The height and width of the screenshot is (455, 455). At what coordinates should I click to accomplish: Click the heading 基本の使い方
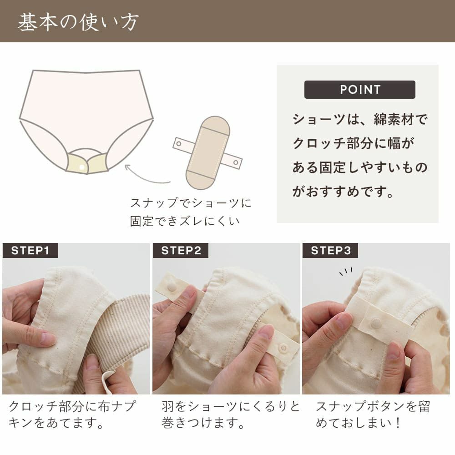tap(78, 22)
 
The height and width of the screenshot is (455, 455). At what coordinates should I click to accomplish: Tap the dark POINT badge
tap(359, 90)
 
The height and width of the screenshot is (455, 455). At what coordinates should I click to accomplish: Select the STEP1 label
tap(30, 251)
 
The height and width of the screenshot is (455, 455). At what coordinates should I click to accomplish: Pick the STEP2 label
tap(181, 251)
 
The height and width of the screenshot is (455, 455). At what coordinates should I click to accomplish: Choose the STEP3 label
tap(330, 251)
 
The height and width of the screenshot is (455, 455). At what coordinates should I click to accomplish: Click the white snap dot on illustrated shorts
tap(82, 167)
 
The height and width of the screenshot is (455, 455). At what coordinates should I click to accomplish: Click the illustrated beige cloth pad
tap(207, 152)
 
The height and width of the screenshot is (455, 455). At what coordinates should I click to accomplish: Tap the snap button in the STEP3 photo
tap(376, 323)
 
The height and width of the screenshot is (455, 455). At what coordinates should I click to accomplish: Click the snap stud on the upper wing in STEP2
tap(172, 287)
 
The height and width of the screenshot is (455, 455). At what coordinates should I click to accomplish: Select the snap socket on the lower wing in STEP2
tap(283, 348)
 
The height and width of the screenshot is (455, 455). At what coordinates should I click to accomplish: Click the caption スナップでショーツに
tap(191, 203)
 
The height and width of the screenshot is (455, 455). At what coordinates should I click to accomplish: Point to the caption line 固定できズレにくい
tap(184, 222)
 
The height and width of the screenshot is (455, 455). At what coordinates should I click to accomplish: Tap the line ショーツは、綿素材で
tap(360, 120)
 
